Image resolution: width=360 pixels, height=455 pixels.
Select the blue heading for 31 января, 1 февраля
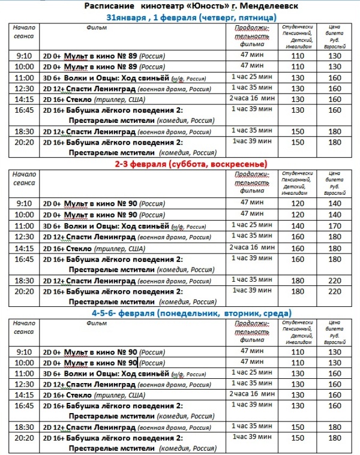coord(191,17)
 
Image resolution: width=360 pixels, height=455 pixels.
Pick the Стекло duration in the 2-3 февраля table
coord(251,247)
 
